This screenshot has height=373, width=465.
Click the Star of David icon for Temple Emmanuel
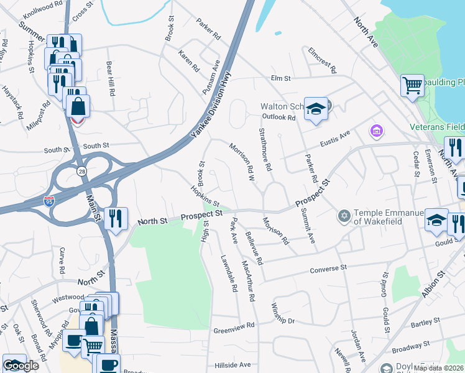(343, 216)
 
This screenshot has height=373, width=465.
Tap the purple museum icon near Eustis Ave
(376, 131)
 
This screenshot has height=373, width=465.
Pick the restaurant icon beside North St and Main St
(116, 218)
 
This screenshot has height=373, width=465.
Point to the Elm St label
(280, 78)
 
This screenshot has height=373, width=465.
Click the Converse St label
(325, 268)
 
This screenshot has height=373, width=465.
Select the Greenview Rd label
(234, 326)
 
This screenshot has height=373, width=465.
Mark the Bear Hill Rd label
(111, 78)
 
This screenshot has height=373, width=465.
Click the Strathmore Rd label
(265, 150)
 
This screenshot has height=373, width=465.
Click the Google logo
(21, 366)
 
